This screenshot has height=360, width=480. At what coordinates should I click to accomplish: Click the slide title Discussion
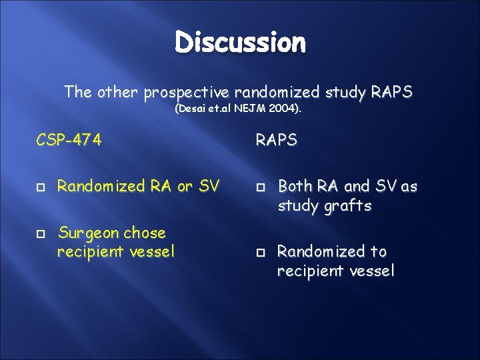tap(241, 43)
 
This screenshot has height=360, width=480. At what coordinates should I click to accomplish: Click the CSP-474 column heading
tap(69, 141)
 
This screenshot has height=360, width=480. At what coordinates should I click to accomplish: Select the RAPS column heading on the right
tap(275, 141)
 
